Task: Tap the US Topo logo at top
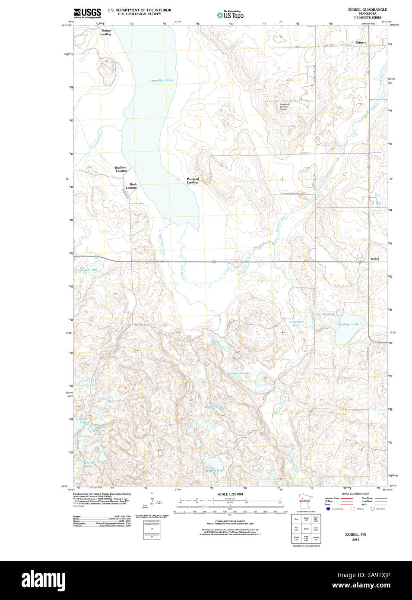click(230, 15)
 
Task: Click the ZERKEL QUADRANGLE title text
click(368, 9)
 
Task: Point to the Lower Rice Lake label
click(161, 80)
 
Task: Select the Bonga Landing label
click(106, 32)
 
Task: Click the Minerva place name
click(361, 42)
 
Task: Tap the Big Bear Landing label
click(121, 169)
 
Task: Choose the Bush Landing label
click(131, 186)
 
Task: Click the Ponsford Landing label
click(193, 180)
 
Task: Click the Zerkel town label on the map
click(374, 259)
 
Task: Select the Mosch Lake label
click(89, 270)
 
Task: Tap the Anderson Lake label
click(296, 323)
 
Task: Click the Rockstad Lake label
click(349, 324)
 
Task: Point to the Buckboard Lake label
click(238, 373)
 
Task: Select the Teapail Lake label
click(99, 425)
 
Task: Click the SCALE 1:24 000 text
click(230, 494)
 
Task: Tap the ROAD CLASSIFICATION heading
click(355, 494)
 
